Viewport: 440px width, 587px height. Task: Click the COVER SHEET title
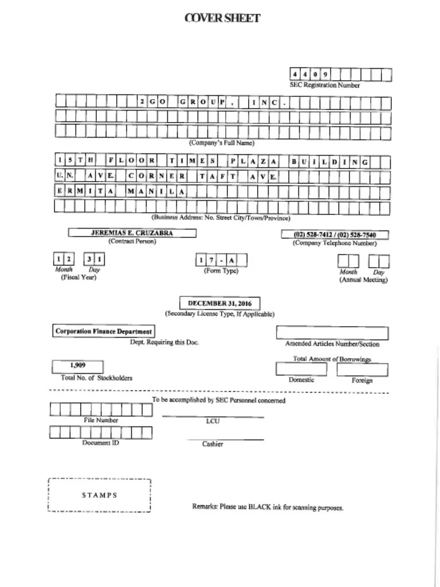coord(222,18)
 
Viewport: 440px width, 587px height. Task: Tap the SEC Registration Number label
coord(324,85)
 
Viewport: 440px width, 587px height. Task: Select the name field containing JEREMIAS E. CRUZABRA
coord(132,233)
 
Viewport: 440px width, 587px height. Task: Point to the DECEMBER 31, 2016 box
coord(219,303)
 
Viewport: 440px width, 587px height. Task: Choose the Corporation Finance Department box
coord(104,331)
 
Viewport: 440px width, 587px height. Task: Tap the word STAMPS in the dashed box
coord(99,495)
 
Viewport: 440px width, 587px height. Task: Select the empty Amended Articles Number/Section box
coord(332,333)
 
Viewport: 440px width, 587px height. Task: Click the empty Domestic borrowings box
coord(301,370)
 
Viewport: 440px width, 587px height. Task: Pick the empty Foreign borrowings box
coord(362,370)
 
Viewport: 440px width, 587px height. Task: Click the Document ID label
coord(100,443)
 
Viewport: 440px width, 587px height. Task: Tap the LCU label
coord(212,421)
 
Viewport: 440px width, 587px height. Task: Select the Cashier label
coord(213,444)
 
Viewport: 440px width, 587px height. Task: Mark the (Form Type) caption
coord(221,271)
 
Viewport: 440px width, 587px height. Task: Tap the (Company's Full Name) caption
coord(222,143)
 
